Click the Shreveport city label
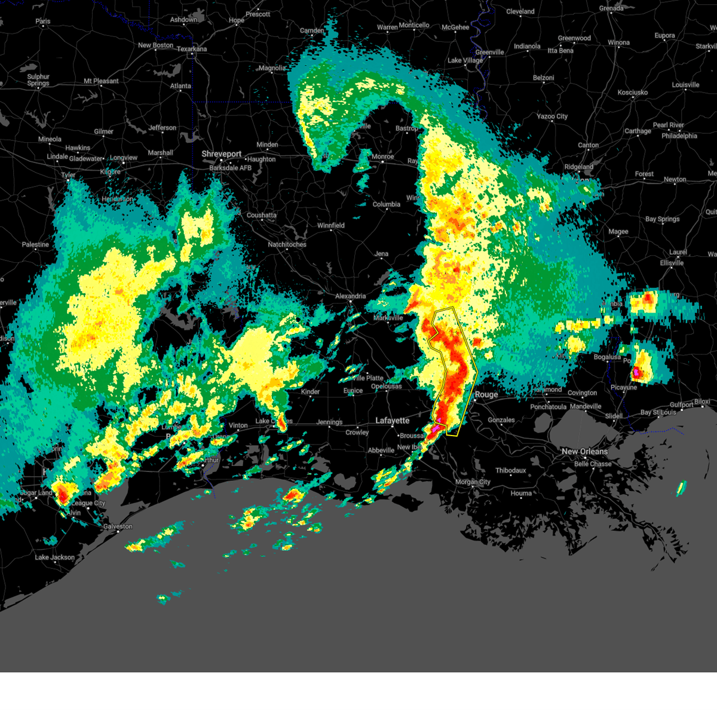(221, 154)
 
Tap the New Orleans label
(584, 452)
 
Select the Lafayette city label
(392, 421)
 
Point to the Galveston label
(118, 526)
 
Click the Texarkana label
(192, 49)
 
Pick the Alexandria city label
(350, 296)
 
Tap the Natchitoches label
(287, 244)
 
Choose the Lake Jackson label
(55, 557)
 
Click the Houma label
(521, 494)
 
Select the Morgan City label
(473, 482)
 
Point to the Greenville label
(489, 53)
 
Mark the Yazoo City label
(551, 117)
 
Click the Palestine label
(35, 244)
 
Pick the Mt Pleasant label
(101, 81)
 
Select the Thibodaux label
(510, 470)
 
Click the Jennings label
(329, 422)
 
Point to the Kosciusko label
(633, 93)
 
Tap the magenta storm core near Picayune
(637, 372)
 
